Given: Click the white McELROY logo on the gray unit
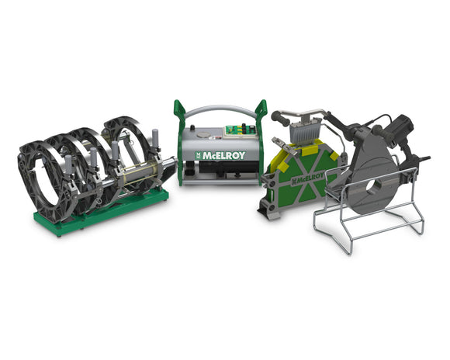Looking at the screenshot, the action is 220,156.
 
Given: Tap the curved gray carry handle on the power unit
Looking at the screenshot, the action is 220,109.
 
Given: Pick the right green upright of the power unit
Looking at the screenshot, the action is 261,140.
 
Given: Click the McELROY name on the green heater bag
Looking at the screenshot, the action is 308,178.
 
